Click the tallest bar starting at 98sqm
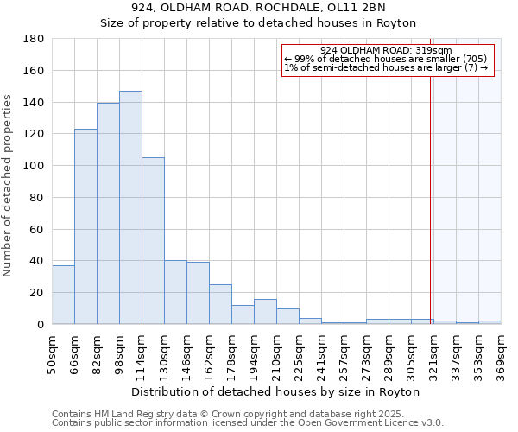click(x=130, y=207)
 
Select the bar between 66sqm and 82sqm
click(x=85, y=226)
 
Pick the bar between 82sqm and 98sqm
click(x=108, y=213)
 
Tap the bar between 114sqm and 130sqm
click(x=153, y=241)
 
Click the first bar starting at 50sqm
click(x=63, y=295)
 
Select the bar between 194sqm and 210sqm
click(x=265, y=312)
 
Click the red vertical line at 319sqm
click(x=431, y=190)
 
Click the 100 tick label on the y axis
click(x=35, y=166)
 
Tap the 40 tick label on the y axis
click(x=37, y=261)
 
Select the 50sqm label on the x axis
click(x=52, y=353)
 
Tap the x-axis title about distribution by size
click(x=276, y=391)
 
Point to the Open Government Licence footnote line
click(x=248, y=422)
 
